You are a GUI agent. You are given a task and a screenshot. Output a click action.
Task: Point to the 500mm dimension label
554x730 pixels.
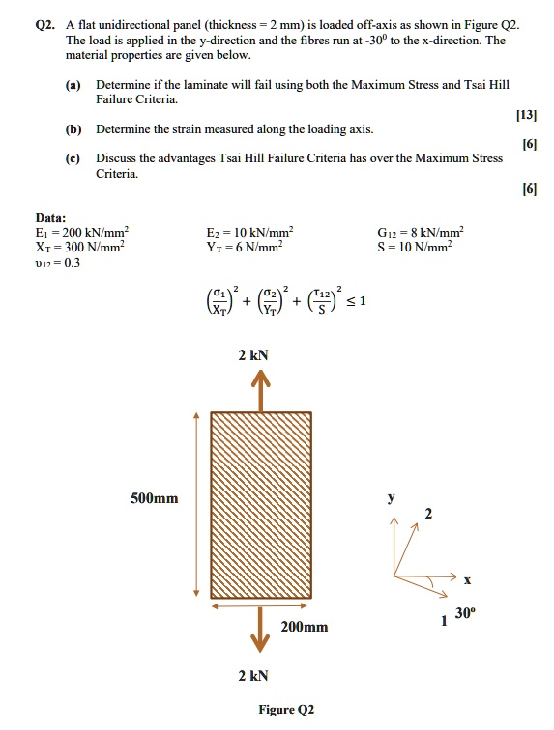click(x=154, y=498)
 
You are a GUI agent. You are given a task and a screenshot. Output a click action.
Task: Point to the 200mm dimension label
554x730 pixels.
click(x=304, y=627)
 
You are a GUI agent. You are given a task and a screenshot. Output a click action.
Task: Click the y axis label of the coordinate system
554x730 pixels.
click(x=392, y=498)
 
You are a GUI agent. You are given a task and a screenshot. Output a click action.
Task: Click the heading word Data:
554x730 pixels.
click(x=51, y=218)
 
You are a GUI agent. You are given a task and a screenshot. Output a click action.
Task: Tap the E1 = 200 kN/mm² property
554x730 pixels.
click(x=81, y=232)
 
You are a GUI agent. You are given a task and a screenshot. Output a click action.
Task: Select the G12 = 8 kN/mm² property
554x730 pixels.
click(x=421, y=232)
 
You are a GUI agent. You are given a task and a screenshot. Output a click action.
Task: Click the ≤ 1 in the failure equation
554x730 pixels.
click(x=357, y=302)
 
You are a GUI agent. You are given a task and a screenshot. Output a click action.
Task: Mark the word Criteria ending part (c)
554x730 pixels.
click(x=118, y=173)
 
